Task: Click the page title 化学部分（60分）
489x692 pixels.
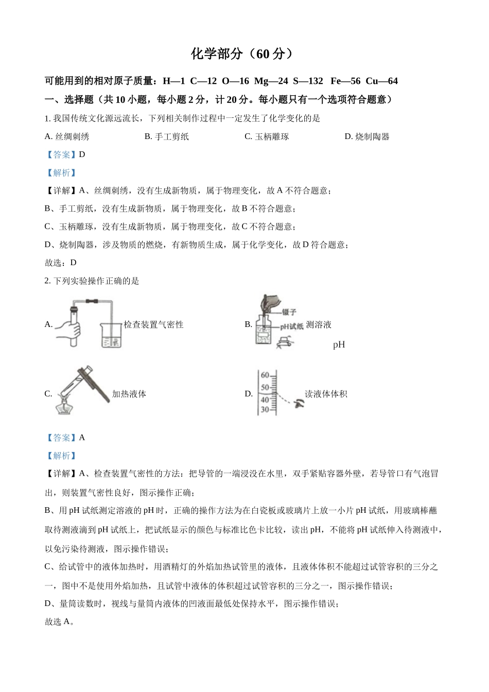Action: click(242, 54)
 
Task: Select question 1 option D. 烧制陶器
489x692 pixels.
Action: click(367, 136)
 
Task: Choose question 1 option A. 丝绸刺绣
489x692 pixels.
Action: click(67, 136)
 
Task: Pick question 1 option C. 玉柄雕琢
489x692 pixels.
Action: click(267, 136)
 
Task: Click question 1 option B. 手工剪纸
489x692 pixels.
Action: click(167, 136)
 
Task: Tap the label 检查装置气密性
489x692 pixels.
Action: click(153, 325)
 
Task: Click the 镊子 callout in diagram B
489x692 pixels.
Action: click(289, 312)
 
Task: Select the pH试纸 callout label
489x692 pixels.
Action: click(291, 326)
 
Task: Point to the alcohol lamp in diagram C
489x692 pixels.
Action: click(64, 404)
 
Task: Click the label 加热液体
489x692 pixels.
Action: click(129, 394)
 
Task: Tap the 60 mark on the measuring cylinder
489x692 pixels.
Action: click(265, 375)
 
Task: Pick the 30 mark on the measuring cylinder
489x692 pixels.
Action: click(265, 410)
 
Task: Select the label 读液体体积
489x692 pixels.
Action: click(326, 394)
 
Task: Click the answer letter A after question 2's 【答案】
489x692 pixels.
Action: click(82, 438)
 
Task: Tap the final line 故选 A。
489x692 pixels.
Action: click(60, 621)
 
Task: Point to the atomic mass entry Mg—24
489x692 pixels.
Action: click(271, 81)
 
